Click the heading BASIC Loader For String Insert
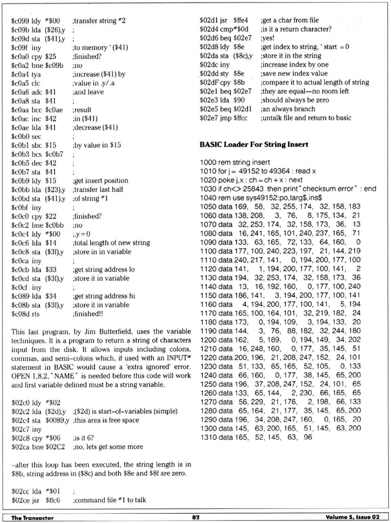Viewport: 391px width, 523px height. (254, 145)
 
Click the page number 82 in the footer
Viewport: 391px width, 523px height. (195, 517)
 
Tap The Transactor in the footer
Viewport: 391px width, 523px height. (32, 518)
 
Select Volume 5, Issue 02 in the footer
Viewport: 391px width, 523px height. (352, 517)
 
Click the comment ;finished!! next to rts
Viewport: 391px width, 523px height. (88, 314)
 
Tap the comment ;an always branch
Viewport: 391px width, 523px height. (288, 109)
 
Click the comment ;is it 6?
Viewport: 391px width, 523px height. (83, 438)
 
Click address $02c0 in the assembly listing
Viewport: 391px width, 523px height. (21, 402)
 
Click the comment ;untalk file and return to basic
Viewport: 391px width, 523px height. (305, 118)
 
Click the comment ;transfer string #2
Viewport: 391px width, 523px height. (99, 21)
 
